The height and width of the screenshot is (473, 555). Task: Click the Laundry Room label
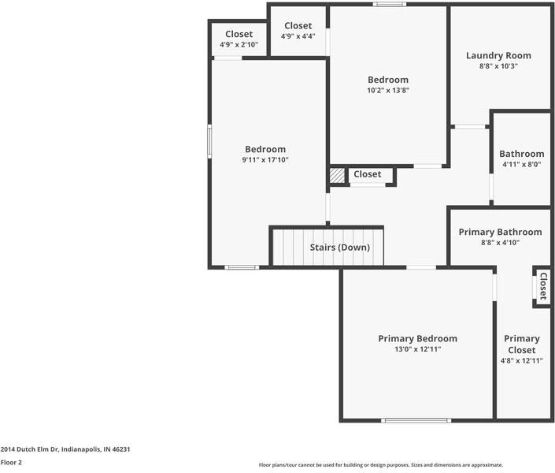click(498, 55)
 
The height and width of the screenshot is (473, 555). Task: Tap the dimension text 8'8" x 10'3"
click(498, 66)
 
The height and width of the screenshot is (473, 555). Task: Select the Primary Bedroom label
click(417, 338)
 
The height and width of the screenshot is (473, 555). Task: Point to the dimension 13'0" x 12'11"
click(417, 348)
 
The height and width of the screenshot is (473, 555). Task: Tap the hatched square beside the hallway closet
click(337, 176)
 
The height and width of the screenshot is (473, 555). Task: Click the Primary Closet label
click(522, 344)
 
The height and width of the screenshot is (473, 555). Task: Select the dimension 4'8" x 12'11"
click(522, 360)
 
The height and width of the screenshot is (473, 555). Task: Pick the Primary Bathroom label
click(500, 232)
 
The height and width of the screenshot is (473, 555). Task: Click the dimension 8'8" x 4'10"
click(500, 243)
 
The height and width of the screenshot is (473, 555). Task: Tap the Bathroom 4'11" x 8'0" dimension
click(521, 165)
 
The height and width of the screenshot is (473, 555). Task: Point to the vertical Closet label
click(542, 286)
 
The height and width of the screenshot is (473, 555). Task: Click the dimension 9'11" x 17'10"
click(265, 160)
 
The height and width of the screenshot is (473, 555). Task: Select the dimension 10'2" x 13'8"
click(388, 90)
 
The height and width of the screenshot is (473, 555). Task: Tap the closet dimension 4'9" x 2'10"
click(239, 45)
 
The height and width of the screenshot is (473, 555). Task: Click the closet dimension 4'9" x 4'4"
click(298, 36)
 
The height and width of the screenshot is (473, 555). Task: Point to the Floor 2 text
click(11, 463)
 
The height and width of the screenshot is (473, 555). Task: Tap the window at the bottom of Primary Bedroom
click(416, 420)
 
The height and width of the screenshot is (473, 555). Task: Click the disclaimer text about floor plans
click(381, 465)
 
